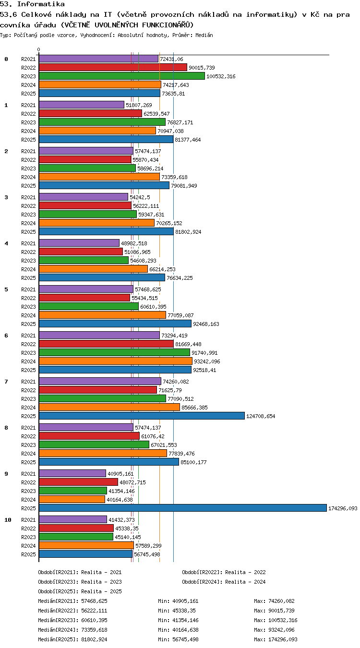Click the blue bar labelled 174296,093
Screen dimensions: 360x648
[x=183, y=508]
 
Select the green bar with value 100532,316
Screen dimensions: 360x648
[x=122, y=76]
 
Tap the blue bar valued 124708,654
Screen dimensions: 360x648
[x=142, y=416]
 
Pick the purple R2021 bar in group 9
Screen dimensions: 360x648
[x=72, y=473]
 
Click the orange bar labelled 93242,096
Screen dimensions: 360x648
[x=116, y=361]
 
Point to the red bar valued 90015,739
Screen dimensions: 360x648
[x=113, y=67]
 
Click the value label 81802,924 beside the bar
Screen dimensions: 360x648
[x=188, y=232]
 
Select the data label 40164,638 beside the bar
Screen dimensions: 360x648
[x=120, y=500]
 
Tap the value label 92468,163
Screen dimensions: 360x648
[x=206, y=324]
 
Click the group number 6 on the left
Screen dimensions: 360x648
[x=6, y=336]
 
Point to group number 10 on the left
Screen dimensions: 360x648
[x=8, y=520]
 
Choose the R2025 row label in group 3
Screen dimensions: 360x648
[x=28, y=232]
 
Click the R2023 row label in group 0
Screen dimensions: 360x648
[x=28, y=76]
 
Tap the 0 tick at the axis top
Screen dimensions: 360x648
[x=39, y=50]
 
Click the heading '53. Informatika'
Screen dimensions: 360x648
[x=32, y=4]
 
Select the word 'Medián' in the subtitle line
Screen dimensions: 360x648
[x=204, y=36]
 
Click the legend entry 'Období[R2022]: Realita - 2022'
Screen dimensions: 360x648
[x=224, y=572]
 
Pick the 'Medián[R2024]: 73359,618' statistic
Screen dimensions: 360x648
[x=72, y=630]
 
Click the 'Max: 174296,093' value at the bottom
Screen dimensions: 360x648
[x=276, y=639]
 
